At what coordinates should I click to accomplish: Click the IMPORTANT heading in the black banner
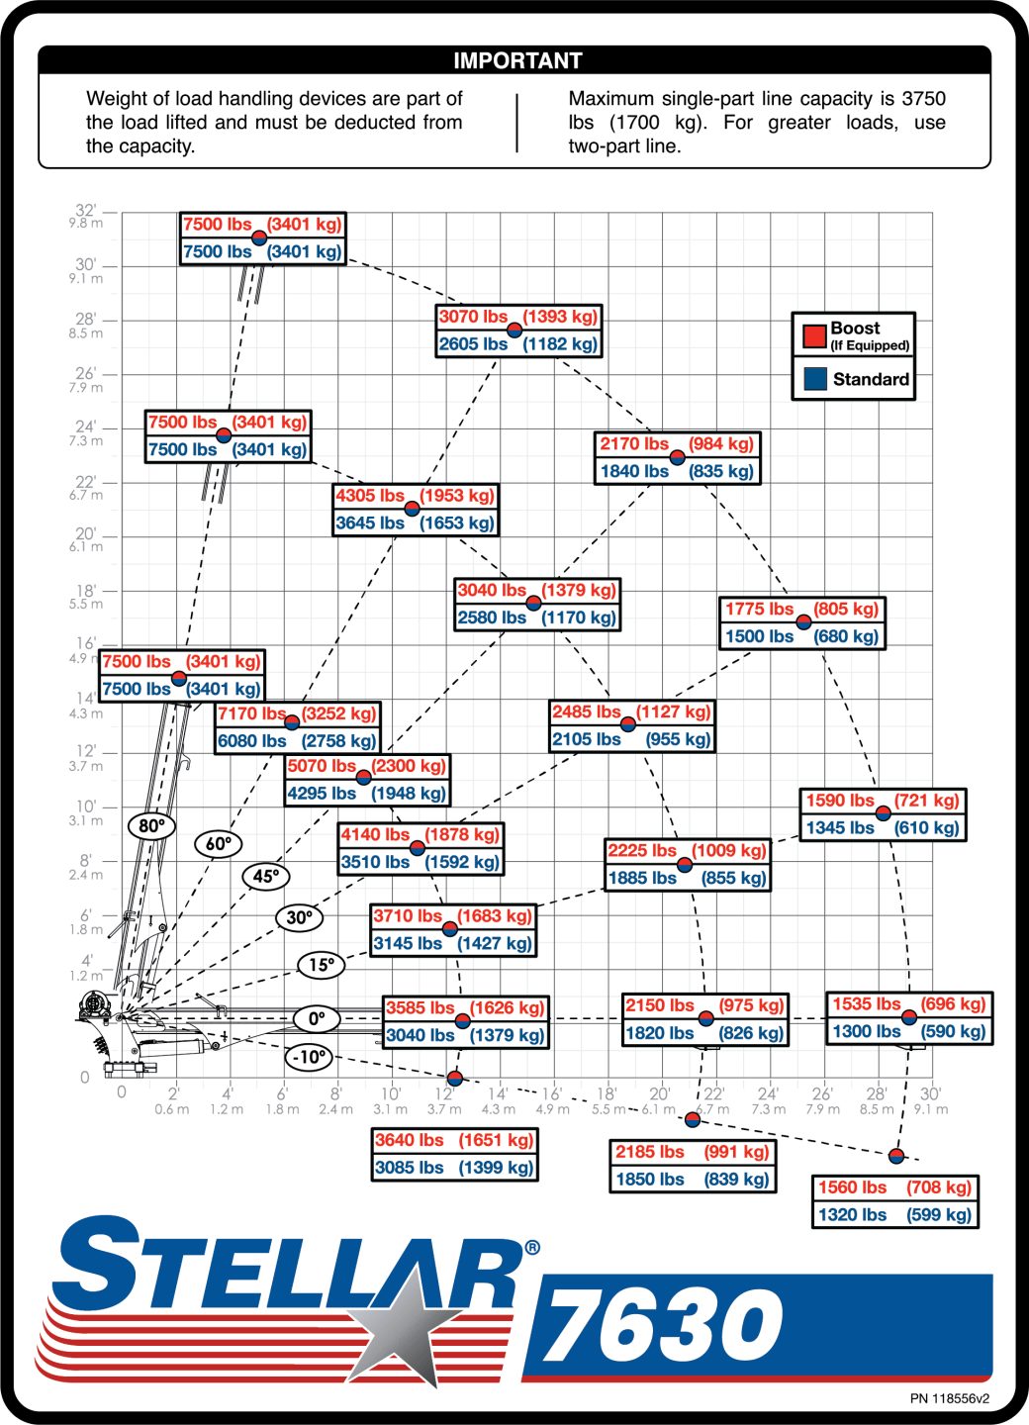coord(517,60)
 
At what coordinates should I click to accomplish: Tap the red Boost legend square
coord(814,336)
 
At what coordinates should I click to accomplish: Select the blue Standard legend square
coord(815,378)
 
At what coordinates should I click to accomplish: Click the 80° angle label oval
coord(151,825)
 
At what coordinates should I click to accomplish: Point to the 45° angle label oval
coord(266,876)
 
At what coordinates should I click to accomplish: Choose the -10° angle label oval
coord(309,1057)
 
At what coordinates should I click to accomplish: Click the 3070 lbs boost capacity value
coord(473,317)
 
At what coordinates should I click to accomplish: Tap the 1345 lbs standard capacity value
coord(840,827)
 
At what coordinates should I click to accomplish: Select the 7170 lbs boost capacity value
coord(252,713)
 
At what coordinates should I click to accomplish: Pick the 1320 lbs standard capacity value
coord(852,1214)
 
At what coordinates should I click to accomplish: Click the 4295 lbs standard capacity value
coord(322,794)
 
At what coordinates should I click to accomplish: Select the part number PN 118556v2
coord(950,1398)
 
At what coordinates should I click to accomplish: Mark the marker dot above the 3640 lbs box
coord(455,1079)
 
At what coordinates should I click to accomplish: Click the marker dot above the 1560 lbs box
coord(896,1156)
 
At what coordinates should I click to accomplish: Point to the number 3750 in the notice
coord(924,99)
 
